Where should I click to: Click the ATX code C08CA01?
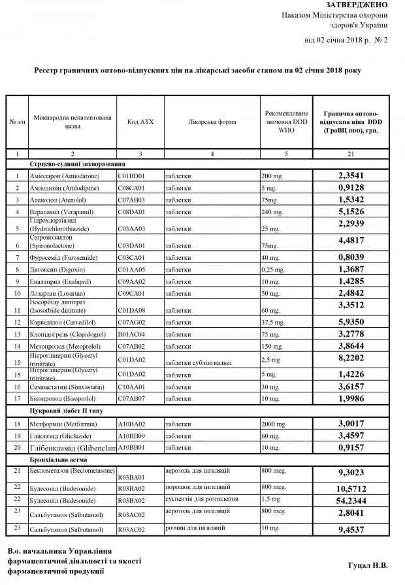tap(131, 188)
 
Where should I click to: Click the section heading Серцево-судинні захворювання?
tap(77, 165)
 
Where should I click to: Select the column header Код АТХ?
tap(139, 123)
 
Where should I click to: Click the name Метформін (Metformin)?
tap(59, 424)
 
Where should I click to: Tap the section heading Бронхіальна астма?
tap(58, 458)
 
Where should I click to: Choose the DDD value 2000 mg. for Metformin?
tap(275, 424)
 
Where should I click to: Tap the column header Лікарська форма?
tap(211, 123)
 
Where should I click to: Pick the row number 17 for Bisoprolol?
tap(16, 398)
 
